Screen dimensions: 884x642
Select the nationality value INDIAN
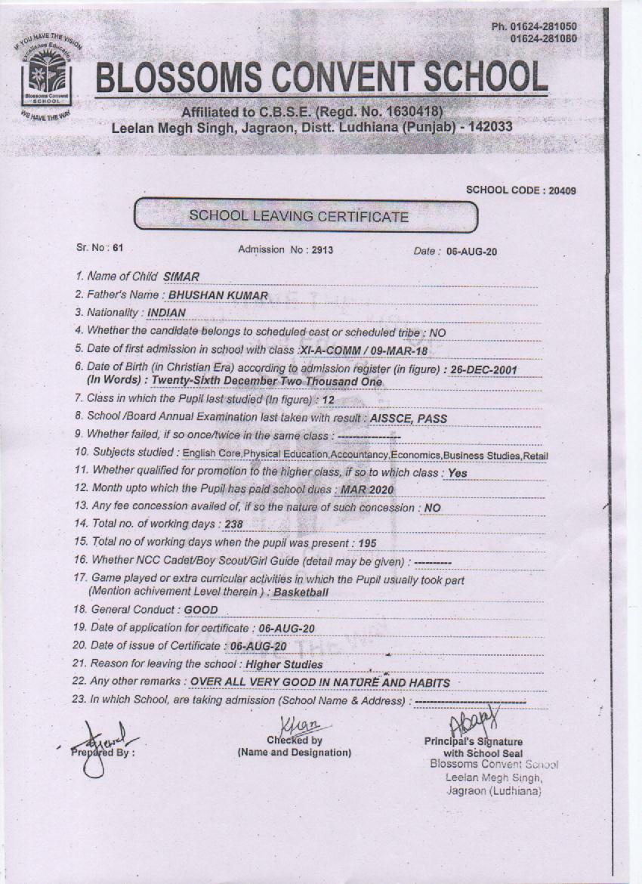click(x=166, y=312)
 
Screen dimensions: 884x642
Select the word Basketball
click(x=301, y=592)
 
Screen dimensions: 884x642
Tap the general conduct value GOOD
click(x=200, y=610)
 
